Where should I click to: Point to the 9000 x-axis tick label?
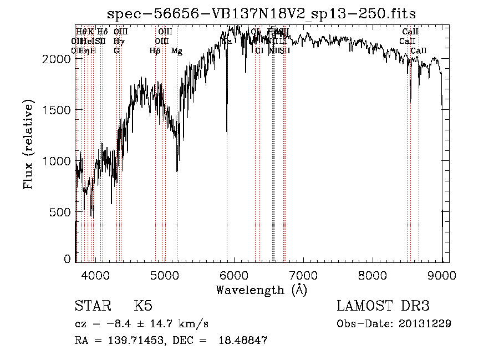tap(441, 273)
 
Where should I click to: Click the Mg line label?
tap(177, 51)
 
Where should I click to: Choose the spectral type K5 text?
tap(143, 306)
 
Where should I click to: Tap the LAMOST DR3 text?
tap(383, 306)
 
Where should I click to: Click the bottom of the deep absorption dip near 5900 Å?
tap(227, 134)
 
